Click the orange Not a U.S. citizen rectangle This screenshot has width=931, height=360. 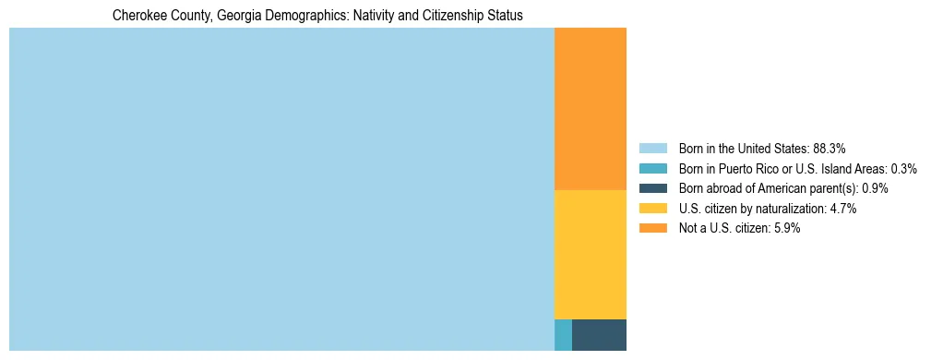tap(590, 109)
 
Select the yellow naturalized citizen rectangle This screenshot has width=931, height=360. tap(590, 254)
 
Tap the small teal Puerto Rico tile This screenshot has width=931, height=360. tap(563, 334)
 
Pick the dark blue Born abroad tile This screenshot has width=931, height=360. tap(599, 334)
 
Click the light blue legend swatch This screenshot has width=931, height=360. tap(652, 149)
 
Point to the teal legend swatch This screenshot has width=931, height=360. tap(652, 169)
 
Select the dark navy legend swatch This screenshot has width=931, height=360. tap(652, 188)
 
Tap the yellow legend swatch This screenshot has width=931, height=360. tap(652, 209)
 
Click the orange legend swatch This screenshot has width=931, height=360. tap(652, 229)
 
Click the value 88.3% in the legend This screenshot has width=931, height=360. tap(829, 149)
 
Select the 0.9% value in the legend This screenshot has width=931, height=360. tap(875, 188)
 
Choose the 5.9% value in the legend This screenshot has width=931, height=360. tap(785, 229)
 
